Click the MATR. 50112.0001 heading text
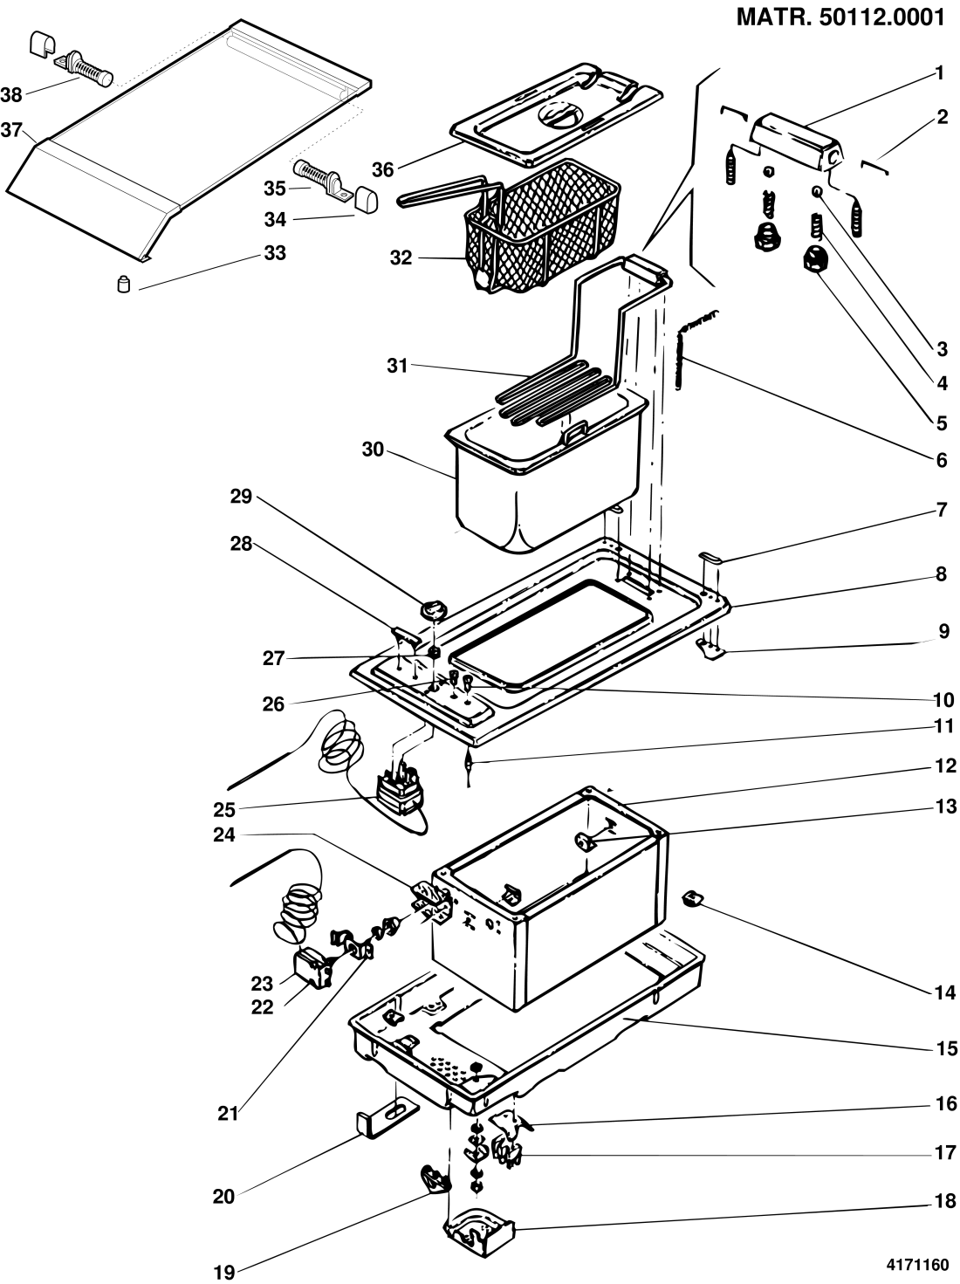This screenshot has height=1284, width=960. point(840,17)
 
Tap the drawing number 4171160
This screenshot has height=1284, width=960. point(917,1266)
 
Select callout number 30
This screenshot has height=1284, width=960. point(373,450)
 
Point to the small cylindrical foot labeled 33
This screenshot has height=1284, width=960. point(124,285)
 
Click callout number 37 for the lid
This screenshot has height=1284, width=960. point(11,130)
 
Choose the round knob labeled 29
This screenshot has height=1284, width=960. point(433,610)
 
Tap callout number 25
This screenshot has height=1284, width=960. point(224,810)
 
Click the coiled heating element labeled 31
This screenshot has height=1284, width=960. point(550,395)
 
